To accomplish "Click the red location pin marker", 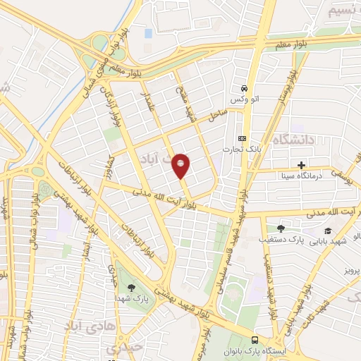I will pyautogui.click(x=181, y=166).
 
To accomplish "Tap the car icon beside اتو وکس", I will pyautogui.click(x=243, y=89).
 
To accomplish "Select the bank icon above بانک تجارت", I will pyautogui.click(x=242, y=138).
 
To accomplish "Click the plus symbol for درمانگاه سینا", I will pyautogui.click(x=301, y=165).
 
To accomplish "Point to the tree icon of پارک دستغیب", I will pyautogui.click(x=281, y=228).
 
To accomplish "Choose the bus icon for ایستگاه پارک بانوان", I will pyautogui.click(x=255, y=340).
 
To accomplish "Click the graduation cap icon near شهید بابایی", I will pyautogui.click(x=327, y=231).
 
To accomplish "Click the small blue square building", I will pyautogui.click(x=148, y=33).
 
